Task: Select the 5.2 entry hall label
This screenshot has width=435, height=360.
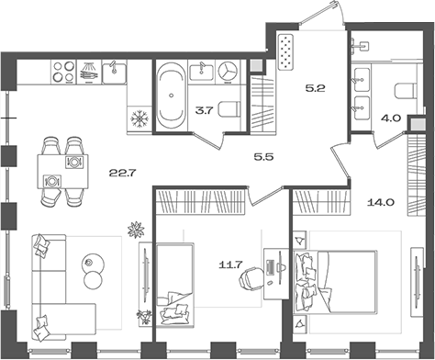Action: (317, 89)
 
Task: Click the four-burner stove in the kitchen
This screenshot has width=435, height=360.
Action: (63, 70)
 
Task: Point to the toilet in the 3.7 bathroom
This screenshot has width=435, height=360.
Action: (229, 111)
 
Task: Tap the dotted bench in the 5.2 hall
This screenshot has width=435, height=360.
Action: (285, 52)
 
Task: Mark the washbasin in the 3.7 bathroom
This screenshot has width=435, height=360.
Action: (201, 70)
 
